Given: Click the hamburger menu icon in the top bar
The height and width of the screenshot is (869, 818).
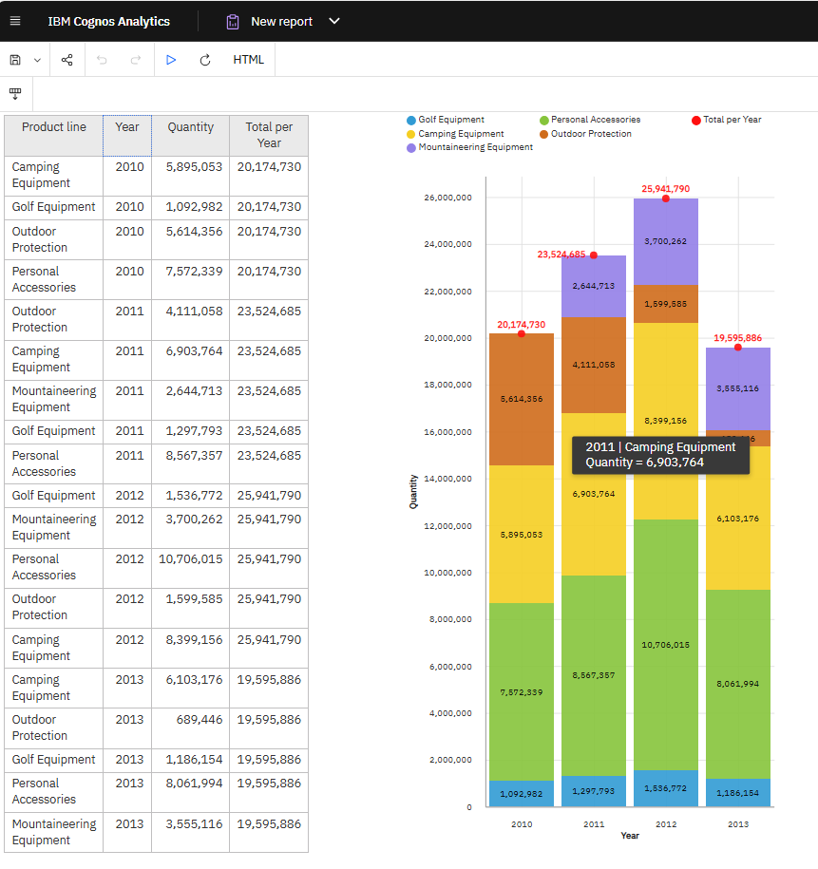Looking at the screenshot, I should click(x=14, y=21).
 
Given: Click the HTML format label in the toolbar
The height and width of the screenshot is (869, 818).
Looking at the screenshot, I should click(x=249, y=60).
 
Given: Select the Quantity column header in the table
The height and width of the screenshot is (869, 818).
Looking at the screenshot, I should click(x=190, y=127).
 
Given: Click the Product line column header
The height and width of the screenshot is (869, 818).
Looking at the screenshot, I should click(x=54, y=127).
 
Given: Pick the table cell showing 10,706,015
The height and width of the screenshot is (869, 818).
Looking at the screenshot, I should click(x=190, y=559).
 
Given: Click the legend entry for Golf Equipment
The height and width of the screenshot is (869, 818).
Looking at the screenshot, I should click(x=446, y=120).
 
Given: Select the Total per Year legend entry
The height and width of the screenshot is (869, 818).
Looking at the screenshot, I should click(x=727, y=120).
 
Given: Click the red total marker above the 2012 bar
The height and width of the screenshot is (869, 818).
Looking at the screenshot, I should click(x=665, y=198).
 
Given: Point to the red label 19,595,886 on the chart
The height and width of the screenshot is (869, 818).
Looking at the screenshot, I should click(x=737, y=338).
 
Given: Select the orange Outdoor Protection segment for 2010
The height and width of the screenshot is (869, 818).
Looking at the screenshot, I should click(x=522, y=399).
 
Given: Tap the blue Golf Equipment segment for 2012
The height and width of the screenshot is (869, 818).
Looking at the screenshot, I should click(x=665, y=788).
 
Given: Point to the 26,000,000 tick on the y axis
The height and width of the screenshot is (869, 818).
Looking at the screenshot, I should click(x=448, y=198).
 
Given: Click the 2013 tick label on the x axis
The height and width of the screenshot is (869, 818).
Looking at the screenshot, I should click(x=738, y=824).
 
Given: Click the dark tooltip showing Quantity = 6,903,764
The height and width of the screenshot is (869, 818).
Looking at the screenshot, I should click(x=660, y=455).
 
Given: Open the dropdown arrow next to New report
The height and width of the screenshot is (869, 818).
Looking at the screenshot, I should click(x=333, y=21).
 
